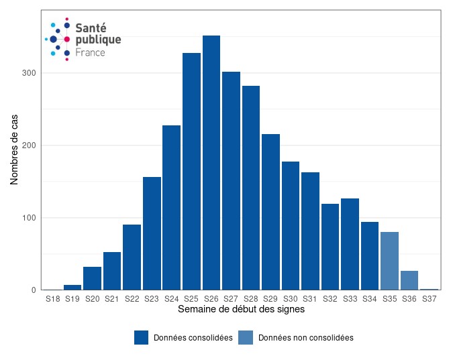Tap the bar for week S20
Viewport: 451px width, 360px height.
(x=93, y=278)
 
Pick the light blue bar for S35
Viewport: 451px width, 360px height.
(x=389, y=261)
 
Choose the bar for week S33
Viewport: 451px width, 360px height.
(x=350, y=244)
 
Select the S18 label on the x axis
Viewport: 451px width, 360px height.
(x=53, y=299)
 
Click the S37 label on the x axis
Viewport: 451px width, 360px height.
(x=430, y=299)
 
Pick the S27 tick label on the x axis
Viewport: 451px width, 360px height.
(x=231, y=299)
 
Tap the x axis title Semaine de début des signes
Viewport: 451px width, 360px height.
(x=241, y=310)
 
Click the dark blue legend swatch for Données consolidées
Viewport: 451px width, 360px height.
(x=141, y=338)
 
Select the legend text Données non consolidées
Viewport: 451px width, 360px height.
(x=305, y=338)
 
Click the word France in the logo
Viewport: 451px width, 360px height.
(x=90, y=52)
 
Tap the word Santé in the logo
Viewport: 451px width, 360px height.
(x=91, y=27)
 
